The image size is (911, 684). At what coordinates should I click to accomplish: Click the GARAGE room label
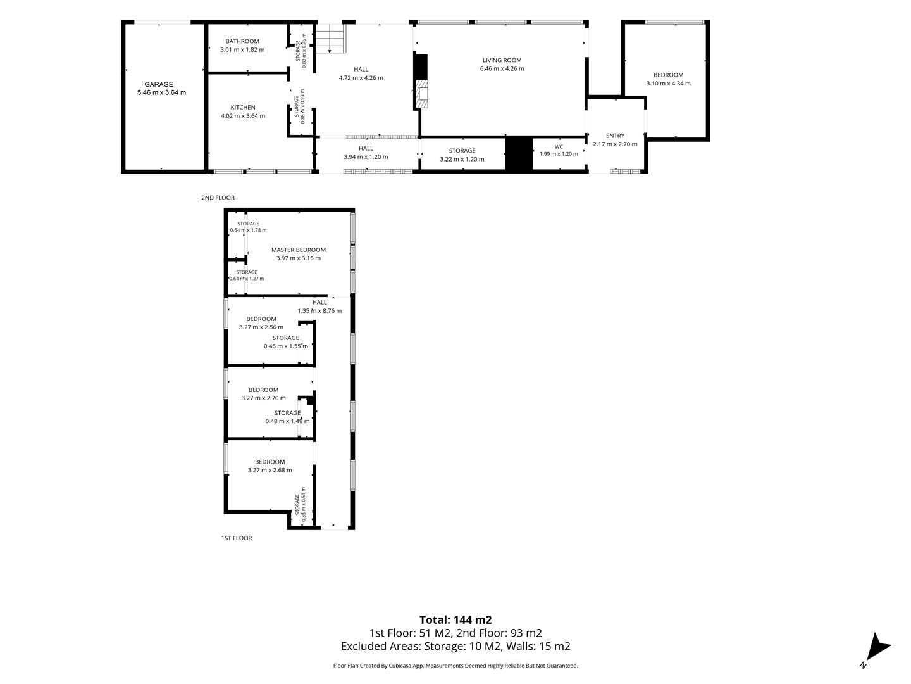click(159, 84)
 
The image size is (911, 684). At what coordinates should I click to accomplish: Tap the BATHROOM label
click(242, 41)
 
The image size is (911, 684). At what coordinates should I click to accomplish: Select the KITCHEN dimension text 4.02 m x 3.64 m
click(243, 116)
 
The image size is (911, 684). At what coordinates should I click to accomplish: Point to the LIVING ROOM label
click(502, 60)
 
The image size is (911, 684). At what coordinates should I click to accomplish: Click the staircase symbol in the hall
click(330, 39)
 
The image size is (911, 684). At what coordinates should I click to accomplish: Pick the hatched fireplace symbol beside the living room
click(422, 94)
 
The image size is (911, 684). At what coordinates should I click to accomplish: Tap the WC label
click(559, 146)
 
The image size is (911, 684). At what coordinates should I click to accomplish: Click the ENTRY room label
click(615, 136)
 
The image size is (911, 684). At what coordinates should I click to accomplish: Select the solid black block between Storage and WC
click(519, 153)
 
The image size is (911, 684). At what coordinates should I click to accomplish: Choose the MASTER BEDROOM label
click(299, 250)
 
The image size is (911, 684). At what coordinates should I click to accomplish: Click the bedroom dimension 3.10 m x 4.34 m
click(668, 84)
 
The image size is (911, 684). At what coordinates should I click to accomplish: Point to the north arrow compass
click(876, 648)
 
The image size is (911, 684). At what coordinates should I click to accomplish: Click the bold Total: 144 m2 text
click(455, 620)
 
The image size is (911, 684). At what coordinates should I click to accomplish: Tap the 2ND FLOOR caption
click(218, 198)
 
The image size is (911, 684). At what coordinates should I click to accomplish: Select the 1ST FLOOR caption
click(237, 538)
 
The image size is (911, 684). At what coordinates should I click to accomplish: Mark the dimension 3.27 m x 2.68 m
click(270, 470)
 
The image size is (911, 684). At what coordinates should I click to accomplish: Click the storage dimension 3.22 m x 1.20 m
click(462, 159)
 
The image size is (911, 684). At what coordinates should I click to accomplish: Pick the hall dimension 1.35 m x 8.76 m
click(319, 310)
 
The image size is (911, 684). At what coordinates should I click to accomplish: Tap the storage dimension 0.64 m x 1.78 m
click(248, 230)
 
